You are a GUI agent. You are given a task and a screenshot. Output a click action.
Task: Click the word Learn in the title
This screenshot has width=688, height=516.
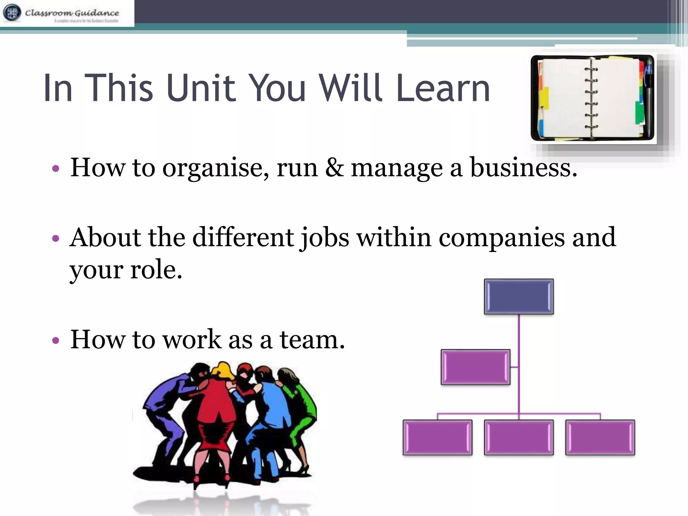(x=443, y=88)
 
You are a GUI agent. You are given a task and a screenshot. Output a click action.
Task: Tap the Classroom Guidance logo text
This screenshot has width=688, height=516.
(x=72, y=13)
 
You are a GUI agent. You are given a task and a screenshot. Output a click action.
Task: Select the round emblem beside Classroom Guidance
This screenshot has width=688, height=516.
(x=12, y=13)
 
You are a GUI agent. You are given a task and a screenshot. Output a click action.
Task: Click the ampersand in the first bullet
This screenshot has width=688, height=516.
(x=334, y=167)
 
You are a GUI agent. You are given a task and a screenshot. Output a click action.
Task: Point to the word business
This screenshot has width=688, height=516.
(x=523, y=167)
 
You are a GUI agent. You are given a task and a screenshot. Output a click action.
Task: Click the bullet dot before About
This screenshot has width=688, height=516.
(x=56, y=239)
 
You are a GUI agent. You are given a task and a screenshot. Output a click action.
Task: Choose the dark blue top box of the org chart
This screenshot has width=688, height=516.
(x=519, y=297)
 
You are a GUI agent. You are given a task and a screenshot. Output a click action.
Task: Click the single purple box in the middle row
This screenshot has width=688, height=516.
(x=475, y=367)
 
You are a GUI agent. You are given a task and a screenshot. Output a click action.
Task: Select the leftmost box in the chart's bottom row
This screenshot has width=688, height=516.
(x=437, y=437)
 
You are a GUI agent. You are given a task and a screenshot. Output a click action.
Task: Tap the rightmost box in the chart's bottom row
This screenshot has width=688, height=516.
(x=600, y=437)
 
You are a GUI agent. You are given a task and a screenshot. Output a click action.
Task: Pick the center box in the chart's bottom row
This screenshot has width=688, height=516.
(x=519, y=437)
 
